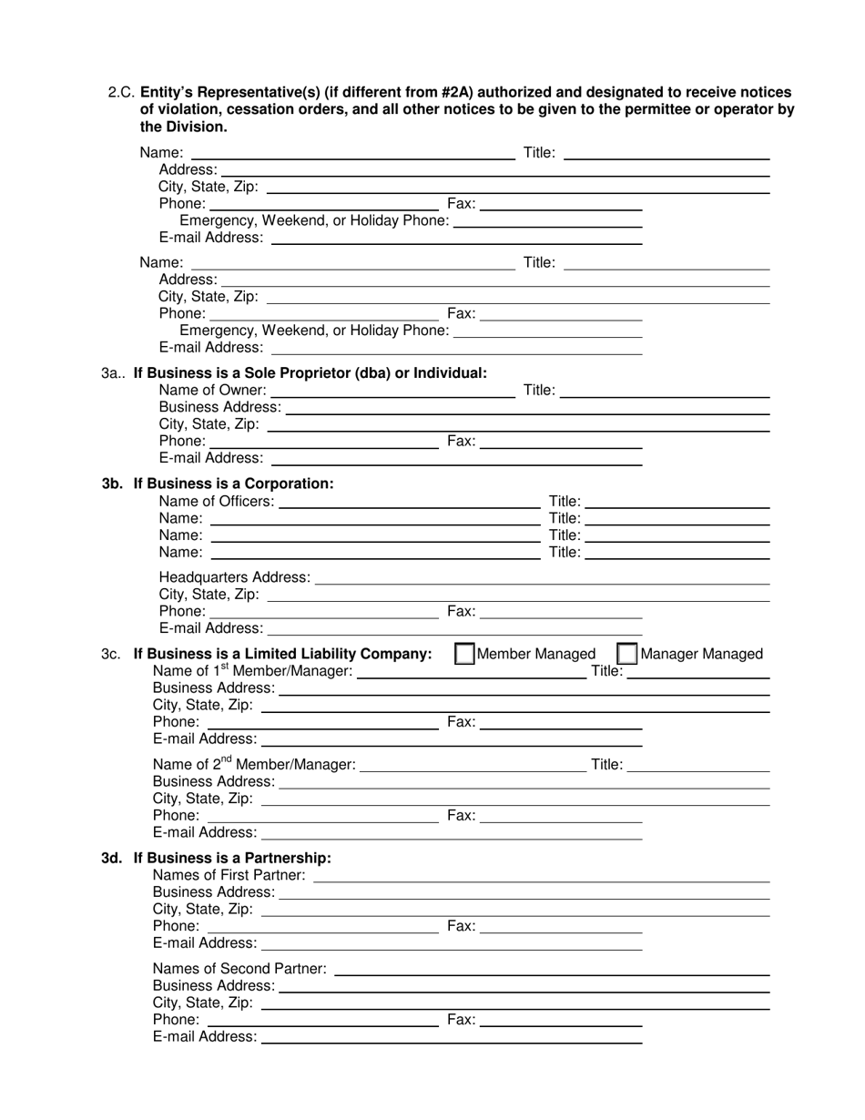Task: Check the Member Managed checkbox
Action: point(464,654)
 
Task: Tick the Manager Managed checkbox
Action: point(627,654)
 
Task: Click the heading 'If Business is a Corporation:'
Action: point(233,484)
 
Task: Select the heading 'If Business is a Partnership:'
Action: point(232,858)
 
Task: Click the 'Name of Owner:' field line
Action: point(392,392)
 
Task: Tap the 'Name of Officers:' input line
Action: point(409,503)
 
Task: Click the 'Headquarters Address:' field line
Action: point(542,579)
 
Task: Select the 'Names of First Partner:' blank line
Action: point(542,876)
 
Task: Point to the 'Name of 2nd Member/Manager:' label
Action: point(254,765)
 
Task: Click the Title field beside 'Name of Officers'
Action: point(678,503)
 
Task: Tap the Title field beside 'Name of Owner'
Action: point(666,392)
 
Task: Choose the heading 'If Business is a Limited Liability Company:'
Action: point(282,654)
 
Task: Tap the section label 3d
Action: point(112,858)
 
